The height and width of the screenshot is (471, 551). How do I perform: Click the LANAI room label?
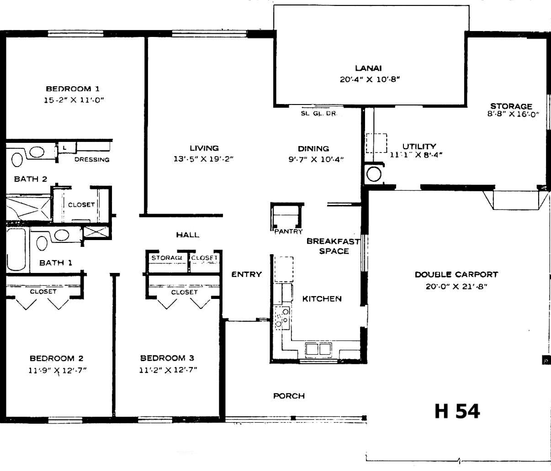coord(368,68)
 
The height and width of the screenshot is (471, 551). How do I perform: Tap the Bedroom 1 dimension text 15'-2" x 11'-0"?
coord(74,100)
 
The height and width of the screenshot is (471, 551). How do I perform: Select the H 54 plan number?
coord(457,411)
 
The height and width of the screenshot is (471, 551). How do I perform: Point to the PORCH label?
coord(289,396)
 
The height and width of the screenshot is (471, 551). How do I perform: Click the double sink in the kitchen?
coord(318,349)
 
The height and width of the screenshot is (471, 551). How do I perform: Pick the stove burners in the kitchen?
coord(282,318)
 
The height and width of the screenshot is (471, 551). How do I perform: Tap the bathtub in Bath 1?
coord(16,249)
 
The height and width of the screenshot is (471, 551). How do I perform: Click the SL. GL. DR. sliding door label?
coord(319,114)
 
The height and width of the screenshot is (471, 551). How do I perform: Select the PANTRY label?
coord(288,232)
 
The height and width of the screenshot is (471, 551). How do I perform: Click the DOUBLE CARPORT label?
coord(456,274)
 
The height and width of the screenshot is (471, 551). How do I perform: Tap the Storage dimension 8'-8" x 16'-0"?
coord(513,114)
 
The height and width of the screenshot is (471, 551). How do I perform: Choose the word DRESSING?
coord(92,159)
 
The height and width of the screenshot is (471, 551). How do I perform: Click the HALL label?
coord(188,235)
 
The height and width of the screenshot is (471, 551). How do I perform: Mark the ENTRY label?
coord(247,274)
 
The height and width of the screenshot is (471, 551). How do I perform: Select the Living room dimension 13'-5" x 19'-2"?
coord(204,159)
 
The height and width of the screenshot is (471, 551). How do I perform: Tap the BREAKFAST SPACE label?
coord(333,246)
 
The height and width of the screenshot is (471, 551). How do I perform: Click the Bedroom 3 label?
coord(167,358)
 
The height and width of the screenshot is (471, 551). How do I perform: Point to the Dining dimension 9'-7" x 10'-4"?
coord(316,159)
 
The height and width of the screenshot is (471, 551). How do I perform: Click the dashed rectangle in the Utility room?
coord(376,143)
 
